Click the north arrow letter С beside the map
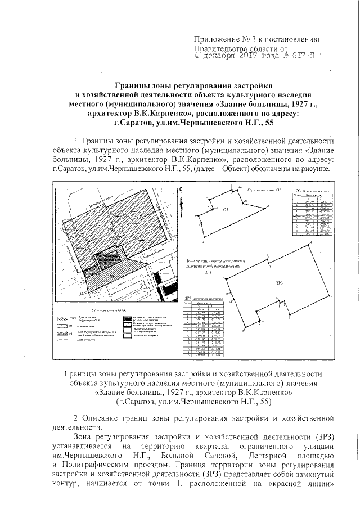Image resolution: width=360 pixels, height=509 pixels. pos(182,190)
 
